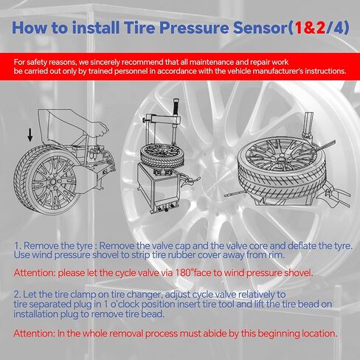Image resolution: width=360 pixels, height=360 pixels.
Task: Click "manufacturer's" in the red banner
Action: [274, 72]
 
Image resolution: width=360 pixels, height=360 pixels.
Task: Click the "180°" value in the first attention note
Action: [199, 272]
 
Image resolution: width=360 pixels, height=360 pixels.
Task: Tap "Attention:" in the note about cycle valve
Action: [38, 272]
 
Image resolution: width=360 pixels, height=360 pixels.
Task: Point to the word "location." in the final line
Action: [317, 333]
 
